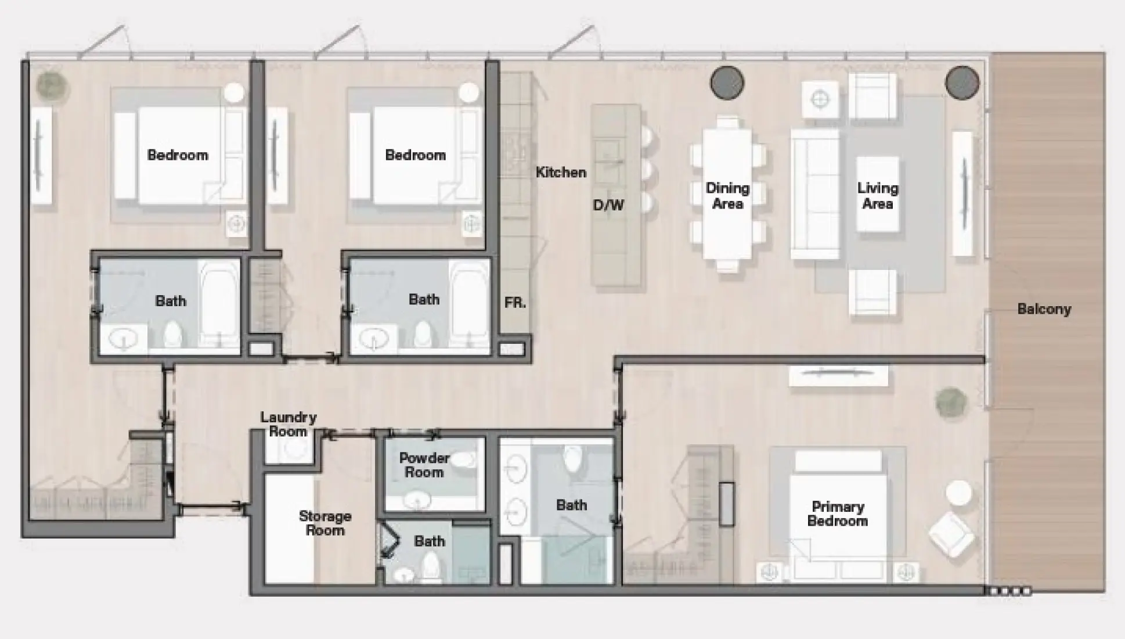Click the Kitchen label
click(x=560, y=172)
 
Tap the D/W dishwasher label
click(x=608, y=205)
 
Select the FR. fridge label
click(x=515, y=303)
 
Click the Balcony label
click(x=1044, y=309)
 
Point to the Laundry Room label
click(x=288, y=424)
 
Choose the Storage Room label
click(x=324, y=523)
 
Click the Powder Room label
click(x=424, y=465)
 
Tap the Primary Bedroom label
click(x=837, y=514)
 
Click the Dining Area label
click(x=727, y=195)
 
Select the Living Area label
click(x=877, y=195)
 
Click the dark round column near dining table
click(x=727, y=82)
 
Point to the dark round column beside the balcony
click(x=962, y=82)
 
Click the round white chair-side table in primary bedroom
click(x=958, y=493)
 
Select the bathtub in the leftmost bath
click(x=219, y=303)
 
